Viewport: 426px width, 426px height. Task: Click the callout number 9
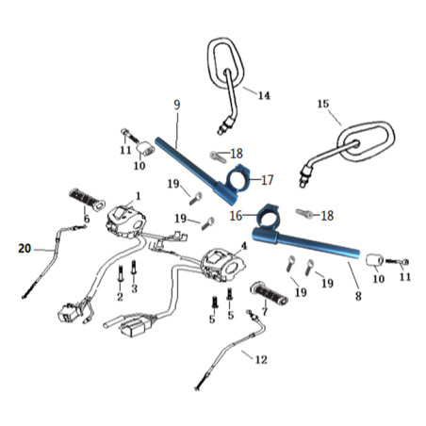(x=177, y=105)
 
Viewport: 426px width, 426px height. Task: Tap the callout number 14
(x=264, y=95)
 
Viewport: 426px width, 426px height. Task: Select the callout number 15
(x=323, y=104)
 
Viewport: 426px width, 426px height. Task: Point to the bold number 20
(x=25, y=249)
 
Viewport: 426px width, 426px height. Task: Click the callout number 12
(x=261, y=359)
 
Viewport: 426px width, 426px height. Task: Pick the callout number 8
(x=358, y=296)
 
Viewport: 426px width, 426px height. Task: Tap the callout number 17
(x=268, y=180)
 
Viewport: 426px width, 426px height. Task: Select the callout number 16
(x=236, y=216)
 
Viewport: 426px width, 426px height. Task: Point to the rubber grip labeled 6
(x=87, y=200)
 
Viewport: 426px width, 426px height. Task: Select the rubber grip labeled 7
(x=269, y=293)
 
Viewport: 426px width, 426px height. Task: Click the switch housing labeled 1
(x=126, y=219)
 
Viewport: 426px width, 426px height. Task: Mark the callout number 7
(x=265, y=311)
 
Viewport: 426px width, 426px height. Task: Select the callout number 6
(x=87, y=219)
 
